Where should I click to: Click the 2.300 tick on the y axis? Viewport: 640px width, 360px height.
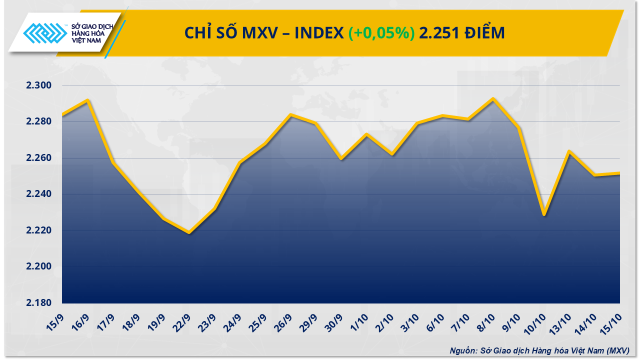(x=38, y=85)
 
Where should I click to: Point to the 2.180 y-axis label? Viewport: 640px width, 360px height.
(x=38, y=303)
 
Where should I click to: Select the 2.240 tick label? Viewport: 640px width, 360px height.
(x=38, y=194)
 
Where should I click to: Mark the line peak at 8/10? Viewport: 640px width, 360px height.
(x=493, y=98)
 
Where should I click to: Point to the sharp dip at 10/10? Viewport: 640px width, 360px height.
(x=544, y=215)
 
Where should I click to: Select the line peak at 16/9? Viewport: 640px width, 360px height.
(x=88, y=100)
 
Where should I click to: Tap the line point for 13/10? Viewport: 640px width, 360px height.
(x=569, y=150)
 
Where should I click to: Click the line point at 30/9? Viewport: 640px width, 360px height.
(x=341, y=159)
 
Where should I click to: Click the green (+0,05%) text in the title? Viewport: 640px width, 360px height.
(x=381, y=33)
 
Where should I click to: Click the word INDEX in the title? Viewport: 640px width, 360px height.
(x=318, y=33)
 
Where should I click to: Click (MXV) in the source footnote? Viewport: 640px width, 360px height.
(x=618, y=350)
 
